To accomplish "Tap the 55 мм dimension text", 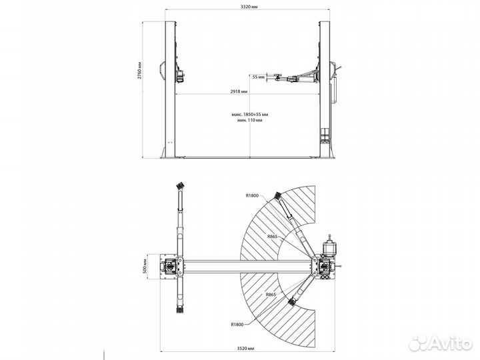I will (259, 77).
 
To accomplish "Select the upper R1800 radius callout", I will (251, 195).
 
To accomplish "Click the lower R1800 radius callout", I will (234, 325).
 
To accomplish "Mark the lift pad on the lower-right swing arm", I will (291, 303).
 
